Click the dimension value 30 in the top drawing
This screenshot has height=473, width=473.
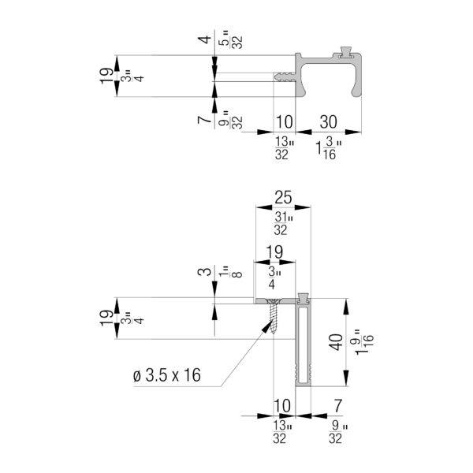coord(328,122)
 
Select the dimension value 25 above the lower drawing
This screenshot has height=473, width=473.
coord(283,197)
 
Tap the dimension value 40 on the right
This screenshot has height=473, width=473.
coord(336,342)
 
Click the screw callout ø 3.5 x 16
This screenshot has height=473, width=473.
coord(167,375)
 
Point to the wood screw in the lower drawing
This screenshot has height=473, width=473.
coord(274,316)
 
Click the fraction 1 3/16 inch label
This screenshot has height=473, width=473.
coord(329,148)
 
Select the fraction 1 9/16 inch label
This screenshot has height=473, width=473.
coord(364,342)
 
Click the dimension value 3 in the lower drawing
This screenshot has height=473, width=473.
coord(205,271)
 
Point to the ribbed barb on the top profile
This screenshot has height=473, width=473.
coord(285,76)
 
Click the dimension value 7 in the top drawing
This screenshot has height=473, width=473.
coord(205,120)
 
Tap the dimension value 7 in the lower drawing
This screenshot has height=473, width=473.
coord(338,406)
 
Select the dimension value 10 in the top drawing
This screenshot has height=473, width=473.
coord(284,122)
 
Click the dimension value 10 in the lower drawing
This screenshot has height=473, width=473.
coord(282,406)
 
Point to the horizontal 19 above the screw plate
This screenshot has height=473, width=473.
coord(274,252)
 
